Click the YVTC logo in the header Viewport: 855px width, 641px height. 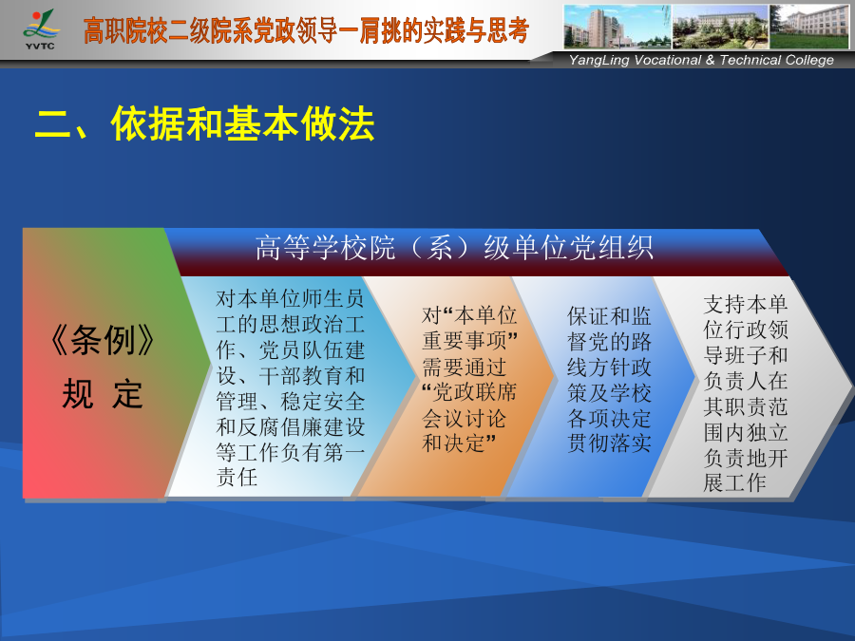coord(40,29)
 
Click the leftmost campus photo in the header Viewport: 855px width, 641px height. coord(617,27)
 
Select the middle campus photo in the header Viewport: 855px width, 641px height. coord(720,27)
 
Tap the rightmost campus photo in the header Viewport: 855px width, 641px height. coord(809,27)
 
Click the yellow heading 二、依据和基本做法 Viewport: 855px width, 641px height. coord(204,123)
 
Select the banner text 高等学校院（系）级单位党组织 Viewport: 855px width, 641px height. coord(454,247)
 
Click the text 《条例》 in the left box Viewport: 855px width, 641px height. coord(102,340)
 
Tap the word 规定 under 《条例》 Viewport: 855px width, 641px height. coord(102,394)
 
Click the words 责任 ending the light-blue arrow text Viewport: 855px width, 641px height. coord(237,477)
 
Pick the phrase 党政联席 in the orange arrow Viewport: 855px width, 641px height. coord(474,392)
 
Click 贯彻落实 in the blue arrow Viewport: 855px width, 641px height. coord(609,443)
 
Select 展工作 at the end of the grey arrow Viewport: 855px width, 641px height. coord(735,482)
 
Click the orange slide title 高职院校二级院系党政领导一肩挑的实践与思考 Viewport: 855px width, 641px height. coord(307,30)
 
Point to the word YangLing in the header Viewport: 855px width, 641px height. coord(599,61)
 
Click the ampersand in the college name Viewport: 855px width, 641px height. coord(710,60)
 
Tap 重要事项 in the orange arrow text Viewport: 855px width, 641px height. coord(464,341)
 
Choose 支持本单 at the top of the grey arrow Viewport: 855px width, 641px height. coord(746,304)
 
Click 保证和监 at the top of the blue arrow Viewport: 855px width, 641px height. coord(609,316)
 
